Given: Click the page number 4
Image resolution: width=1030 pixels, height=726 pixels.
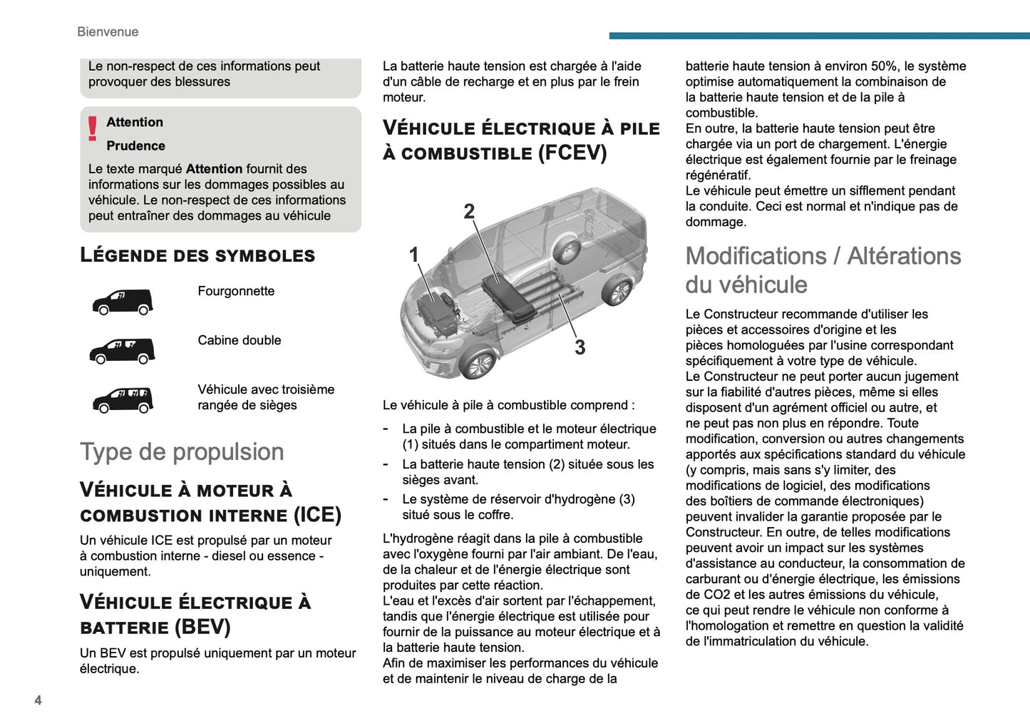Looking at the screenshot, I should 38,700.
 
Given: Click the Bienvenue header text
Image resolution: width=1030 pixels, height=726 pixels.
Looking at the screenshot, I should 108,31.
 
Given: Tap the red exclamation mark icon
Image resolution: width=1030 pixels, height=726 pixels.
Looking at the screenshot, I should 93,128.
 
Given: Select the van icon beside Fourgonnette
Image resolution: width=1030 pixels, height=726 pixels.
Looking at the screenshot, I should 123,302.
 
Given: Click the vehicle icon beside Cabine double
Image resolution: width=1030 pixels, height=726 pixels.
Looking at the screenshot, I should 123,351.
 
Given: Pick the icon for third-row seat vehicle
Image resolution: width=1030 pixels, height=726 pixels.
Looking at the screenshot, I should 123,400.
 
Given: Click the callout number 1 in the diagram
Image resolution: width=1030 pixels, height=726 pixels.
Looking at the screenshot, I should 413,255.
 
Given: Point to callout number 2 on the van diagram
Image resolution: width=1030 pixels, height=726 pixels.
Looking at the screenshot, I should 469,211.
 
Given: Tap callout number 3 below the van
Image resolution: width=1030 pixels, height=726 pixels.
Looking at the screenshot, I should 580,347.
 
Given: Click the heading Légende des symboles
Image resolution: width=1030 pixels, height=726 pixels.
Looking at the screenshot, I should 197,255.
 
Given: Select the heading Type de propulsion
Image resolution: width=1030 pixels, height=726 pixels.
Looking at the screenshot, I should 182,451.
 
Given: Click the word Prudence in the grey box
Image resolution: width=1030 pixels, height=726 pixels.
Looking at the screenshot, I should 135,145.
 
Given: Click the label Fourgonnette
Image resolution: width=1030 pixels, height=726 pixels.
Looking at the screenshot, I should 236,291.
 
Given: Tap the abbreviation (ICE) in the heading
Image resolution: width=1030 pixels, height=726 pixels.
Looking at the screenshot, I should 317,515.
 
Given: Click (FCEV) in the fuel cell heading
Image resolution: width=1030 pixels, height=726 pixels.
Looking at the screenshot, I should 572,153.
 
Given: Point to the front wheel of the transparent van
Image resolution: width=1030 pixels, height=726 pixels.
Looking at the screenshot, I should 478,364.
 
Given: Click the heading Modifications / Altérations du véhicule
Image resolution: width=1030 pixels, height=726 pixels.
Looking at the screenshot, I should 823,270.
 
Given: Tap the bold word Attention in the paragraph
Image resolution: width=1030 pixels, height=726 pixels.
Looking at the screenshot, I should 214,169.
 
